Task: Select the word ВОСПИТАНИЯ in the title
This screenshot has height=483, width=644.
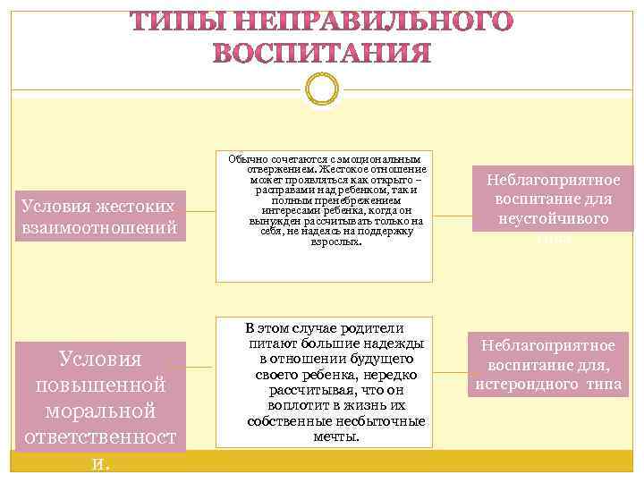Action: (x=322, y=54)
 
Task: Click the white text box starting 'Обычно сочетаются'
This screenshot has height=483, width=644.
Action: (x=324, y=216)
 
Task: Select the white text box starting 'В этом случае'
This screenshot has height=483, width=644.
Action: (x=324, y=383)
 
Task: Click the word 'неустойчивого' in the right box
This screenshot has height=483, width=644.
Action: (x=553, y=218)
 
